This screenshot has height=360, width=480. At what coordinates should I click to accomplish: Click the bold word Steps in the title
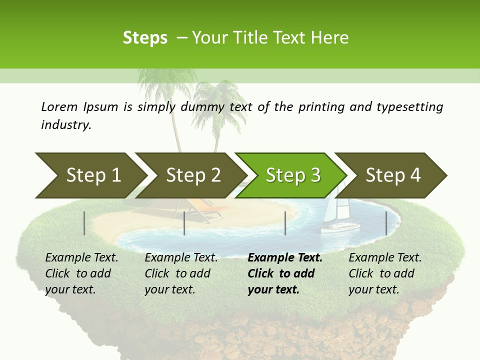click(145, 38)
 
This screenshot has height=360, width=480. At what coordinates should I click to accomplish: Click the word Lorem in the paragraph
click(59, 106)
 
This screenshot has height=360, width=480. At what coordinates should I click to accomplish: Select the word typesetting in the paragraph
click(409, 107)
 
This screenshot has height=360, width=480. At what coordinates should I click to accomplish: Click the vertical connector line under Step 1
click(84, 223)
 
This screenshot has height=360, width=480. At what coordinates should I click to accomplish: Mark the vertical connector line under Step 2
click(184, 223)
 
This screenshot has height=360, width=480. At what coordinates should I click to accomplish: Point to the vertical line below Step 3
click(285, 223)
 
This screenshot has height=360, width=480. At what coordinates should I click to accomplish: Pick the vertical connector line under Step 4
click(386, 223)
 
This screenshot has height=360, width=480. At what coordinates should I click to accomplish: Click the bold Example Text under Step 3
click(285, 258)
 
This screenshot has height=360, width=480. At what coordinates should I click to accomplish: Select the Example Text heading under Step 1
click(81, 258)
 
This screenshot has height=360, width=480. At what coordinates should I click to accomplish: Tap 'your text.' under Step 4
click(373, 289)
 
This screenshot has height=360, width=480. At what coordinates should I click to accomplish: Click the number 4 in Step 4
click(414, 175)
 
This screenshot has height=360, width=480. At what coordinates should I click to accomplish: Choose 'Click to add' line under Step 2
click(177, 273)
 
